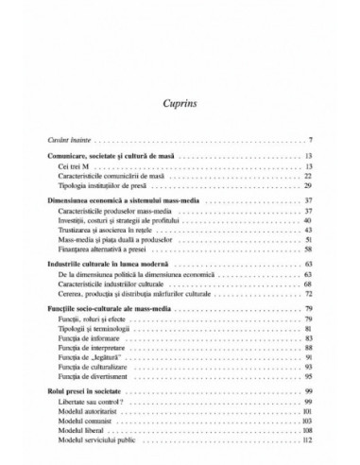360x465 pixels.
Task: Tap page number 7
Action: [311, 140]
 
